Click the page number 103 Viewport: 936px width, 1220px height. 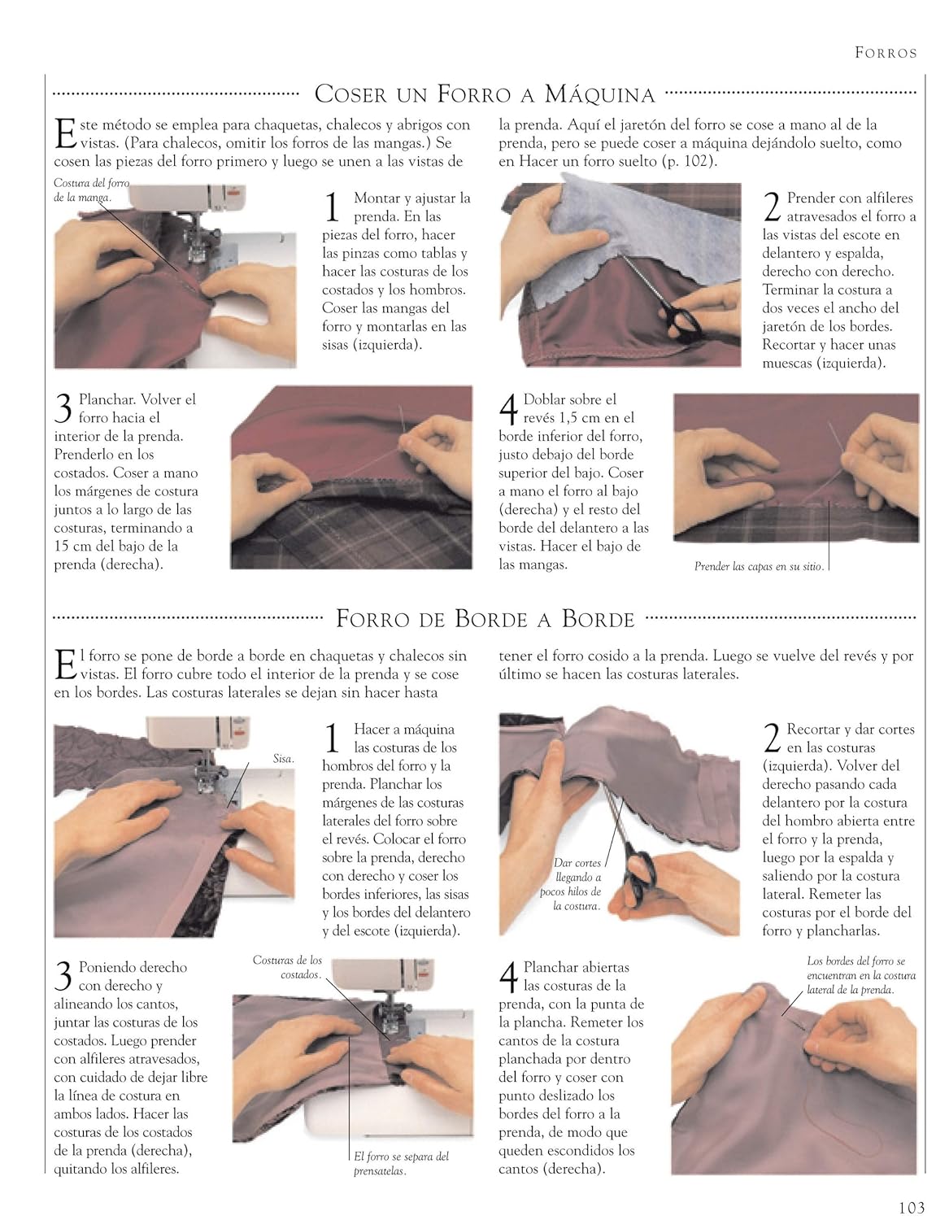click(912, 1207)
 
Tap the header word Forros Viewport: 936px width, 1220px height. click(886, 53)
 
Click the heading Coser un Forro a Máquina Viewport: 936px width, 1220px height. click(485, 94)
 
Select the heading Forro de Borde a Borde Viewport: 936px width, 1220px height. click(485, 618)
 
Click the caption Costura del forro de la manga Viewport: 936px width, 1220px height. click(91, 190)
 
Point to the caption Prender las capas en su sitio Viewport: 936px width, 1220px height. click(759, 566)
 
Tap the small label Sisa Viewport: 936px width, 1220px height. click(283, 759)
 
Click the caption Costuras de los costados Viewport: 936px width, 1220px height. click(287, 967)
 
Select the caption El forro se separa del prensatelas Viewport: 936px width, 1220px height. click(401, 1163)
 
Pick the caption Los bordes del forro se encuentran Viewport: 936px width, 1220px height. click(861, 975)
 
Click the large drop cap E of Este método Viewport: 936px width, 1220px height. click(65, 133)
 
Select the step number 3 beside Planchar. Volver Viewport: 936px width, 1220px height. click(63, 407)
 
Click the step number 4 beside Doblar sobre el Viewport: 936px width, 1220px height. click(507, 408)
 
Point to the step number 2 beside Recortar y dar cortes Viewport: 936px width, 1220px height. click(773, 737)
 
